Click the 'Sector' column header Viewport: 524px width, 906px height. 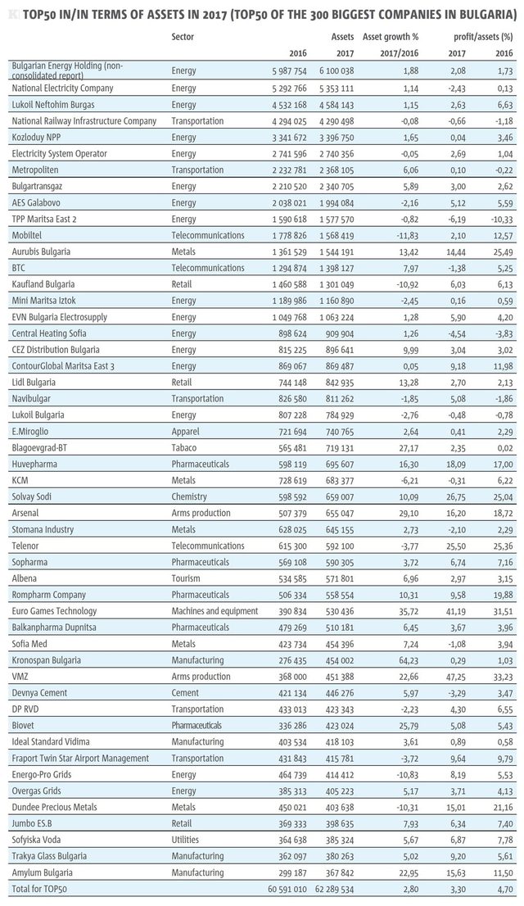tap(183, 37)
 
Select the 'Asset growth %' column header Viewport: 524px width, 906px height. tap(391, 37)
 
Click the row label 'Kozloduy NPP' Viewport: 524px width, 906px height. tap(35, 138)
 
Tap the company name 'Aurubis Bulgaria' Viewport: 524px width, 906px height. tap(41, 252)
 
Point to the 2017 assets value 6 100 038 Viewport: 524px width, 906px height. tap(337, 71)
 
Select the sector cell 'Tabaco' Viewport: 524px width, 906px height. tap(183, 448)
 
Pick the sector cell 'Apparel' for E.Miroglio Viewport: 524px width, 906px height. tap(185, 432)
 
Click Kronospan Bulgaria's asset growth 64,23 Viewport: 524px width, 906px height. tap(407, 660)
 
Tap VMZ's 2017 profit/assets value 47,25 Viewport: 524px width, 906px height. tap(454, 677)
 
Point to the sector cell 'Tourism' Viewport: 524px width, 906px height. tap(186, 578)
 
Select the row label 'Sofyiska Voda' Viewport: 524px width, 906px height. tap(36, 840)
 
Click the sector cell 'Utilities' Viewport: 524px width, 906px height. tap(185, 840)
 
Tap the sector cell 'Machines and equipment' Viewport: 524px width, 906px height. tap(215, 611)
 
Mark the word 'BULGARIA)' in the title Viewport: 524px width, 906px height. tap(488, 14)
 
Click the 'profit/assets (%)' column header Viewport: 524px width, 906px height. tap(484, 37)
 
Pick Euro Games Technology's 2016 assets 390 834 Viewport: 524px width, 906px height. tap(290, 611)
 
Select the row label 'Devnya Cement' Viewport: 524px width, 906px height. tap(39, 693)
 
